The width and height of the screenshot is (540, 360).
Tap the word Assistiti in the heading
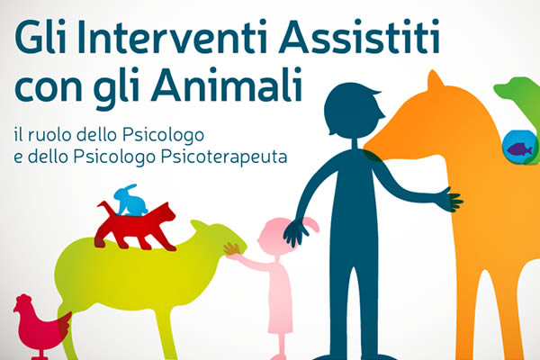click(x=359, y=36)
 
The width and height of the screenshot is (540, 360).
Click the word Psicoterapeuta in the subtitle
click(x=224, y=157)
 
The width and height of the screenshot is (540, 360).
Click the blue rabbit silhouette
click(x=130, y=201)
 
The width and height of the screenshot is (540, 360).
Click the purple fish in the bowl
click(x=519, y=149)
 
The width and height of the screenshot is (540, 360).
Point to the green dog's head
click(x=515, y=89)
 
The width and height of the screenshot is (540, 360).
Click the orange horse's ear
click(x=435, y=80)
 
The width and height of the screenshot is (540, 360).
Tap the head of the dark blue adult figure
click(x=353, y=110)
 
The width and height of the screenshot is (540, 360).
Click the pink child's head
click(x=275, y=236)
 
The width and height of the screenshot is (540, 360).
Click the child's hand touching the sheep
click(x=232, y=249)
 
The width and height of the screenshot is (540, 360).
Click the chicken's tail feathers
click(x=64, y=324)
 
